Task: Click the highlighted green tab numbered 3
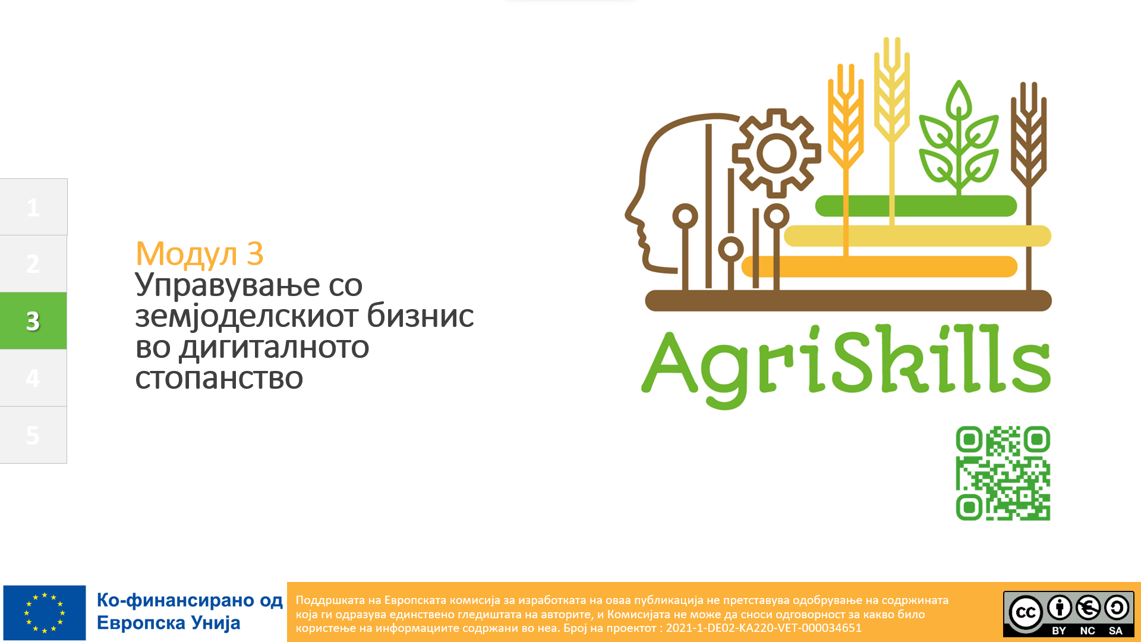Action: click(x=33, y=320)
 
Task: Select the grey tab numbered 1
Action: click(x=33, y=207)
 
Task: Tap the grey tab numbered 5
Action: click(x=33, y=435)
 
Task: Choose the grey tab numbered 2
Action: click(x=33, y=263)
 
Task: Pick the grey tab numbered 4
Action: click(x=33, y=377)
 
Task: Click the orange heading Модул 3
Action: click(x=200, y=254)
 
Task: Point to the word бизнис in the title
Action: click(x=420, y=316)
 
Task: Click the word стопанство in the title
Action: click(x=219, y=378)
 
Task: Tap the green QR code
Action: click(x=1003, y=473)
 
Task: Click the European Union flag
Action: click(x=45, y=612)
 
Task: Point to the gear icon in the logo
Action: click(x=776, y=153)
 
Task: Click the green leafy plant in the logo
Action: click(x=959, y=138)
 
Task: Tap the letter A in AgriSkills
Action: click(x=670, y=363)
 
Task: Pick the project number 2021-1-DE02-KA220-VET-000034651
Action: click(x=764, y=628)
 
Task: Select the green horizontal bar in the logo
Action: click(x=916, y=206)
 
